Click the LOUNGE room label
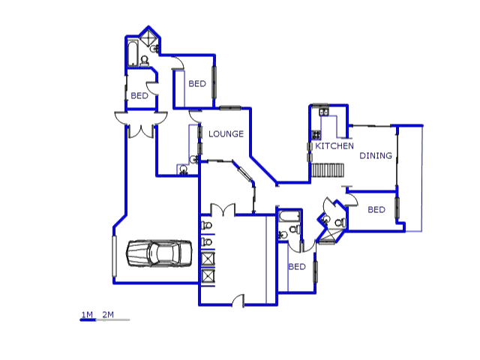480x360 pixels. [x=226, y=133]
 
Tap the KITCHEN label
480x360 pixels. [x=334, y=146]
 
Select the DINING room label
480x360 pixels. [x=376, y=155]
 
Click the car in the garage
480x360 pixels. [x=159, y=253]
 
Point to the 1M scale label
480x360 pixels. [x=87, y=314]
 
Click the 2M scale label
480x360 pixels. [x=108, y=314]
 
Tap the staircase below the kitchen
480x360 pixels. [x=328, y=170]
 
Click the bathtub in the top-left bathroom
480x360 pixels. [x=133, y=53]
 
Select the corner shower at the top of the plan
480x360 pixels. [x=148, y=37]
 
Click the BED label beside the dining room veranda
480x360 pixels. [x=376, y=210]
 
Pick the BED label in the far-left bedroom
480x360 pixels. [x=139, y=96]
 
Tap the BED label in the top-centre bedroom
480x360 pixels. [x=197, y=83]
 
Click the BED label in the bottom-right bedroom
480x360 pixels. [x=297, y=267]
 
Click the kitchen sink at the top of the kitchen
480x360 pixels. [x=324, y=112]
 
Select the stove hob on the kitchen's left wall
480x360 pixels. [x=316, y=135]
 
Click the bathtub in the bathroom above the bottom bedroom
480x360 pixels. [x=289, y=216]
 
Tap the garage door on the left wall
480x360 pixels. [x=115, y=256]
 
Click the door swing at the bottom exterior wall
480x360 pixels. [x=238, y=300]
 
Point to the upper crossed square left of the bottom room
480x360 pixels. [x=208, y=259]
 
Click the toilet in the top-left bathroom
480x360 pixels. [x=144, y=61]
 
